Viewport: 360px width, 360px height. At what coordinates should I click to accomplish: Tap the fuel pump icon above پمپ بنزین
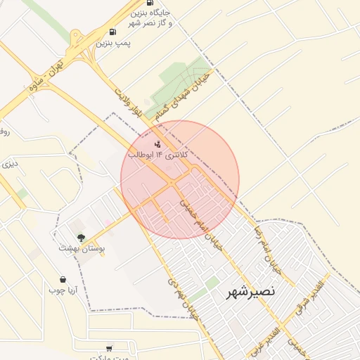point(112,32)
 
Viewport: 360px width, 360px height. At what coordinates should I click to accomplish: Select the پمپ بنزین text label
point(113,44)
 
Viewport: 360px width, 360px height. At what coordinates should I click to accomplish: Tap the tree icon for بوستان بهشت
point(82,237)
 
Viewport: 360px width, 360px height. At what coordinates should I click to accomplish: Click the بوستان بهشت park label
point(81,248)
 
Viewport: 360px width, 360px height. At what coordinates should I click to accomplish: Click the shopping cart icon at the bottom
point(109,348)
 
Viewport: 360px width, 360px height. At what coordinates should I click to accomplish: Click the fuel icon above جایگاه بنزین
point(149,3)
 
